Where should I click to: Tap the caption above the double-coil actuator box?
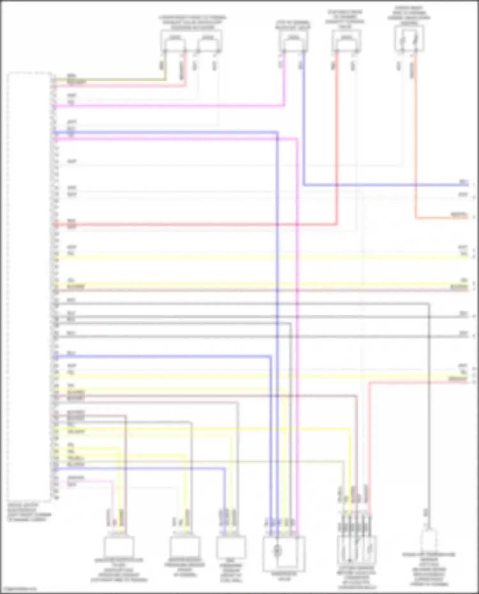tap(192, 22)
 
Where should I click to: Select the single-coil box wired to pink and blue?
tap(293, 41)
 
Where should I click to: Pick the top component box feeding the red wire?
tap(346, 41)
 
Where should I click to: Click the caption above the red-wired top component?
tap(345, 19)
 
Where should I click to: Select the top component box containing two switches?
tap(409, 39)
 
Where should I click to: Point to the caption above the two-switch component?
tap(409, 15)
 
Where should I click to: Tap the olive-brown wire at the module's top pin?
tap(109, 79)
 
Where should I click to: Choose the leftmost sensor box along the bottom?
tap(119, 547)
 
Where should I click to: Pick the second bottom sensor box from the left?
tap(185, 546)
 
